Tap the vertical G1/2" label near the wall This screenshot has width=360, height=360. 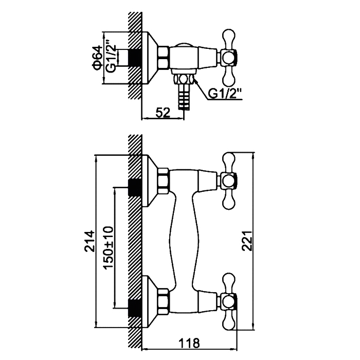pyautogui.click(x=110, y=58)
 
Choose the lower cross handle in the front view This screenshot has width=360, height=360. pyautogui.click(x=229, y=299)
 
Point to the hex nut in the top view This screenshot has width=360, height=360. pyautogui.click(x=164, y=57)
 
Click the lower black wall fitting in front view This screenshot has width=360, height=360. pyautogui.click(x=135, y=307)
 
